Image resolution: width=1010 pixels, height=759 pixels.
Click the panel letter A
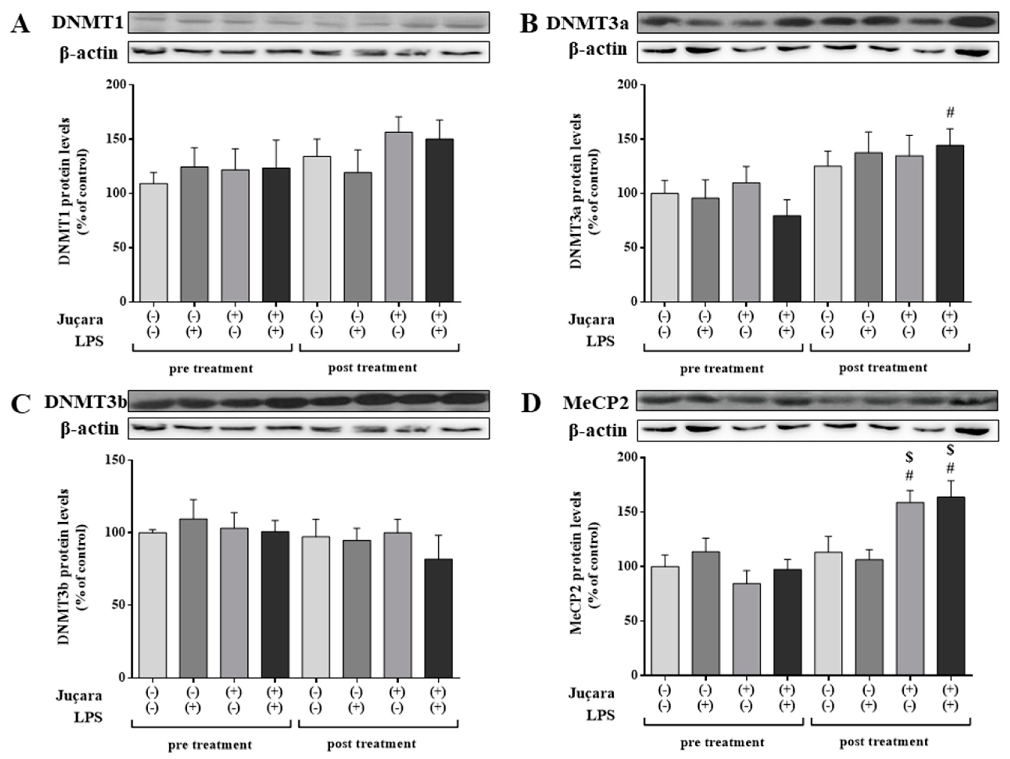20,24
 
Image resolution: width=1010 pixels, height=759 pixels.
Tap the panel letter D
531,404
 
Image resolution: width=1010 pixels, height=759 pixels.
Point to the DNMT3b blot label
85,402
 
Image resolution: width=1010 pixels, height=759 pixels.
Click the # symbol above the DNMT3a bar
950,112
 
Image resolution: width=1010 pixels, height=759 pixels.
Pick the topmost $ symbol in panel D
950,450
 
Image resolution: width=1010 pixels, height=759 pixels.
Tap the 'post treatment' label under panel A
372,368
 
